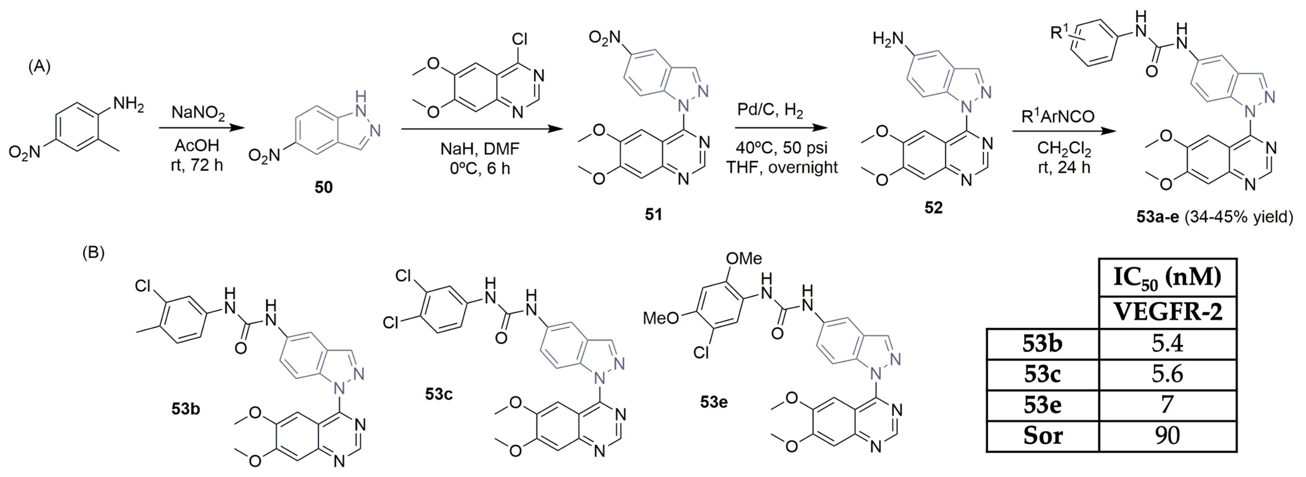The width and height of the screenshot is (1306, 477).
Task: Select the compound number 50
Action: click(324, 188)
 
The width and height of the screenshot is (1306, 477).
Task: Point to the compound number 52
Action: click(933, 208)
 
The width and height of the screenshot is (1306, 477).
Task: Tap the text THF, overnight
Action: click(782, 167)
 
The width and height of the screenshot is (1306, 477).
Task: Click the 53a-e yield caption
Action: click(1214, 217)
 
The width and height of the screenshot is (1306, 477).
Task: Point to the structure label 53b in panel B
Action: click(185, 409)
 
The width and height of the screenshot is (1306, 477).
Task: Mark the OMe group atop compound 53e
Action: click(743, 259)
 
